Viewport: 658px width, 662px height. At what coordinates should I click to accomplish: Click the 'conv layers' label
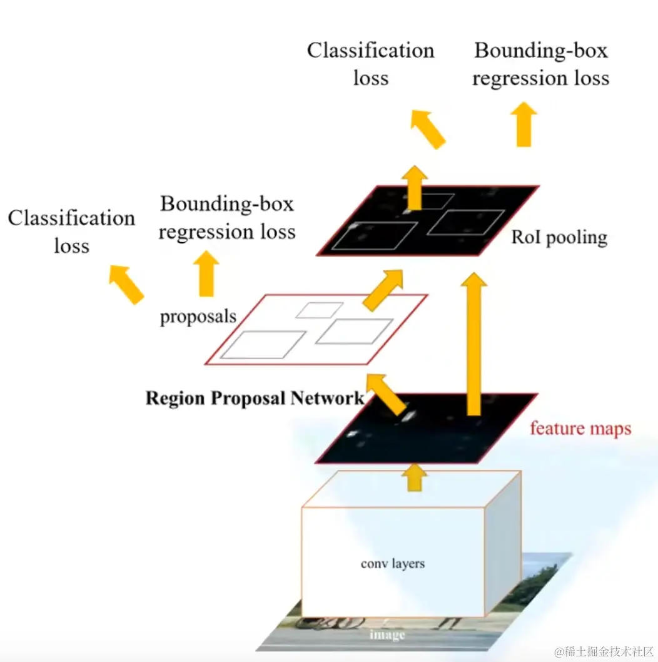click(392, 564)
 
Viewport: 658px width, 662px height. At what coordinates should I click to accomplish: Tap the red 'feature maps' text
click(580, 429)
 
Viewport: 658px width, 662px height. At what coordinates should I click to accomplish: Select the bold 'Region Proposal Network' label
click(255, 399)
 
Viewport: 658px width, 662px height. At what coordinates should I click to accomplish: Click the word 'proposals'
click(198, 317)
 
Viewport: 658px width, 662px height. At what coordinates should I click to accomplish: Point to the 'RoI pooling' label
click(559, 238)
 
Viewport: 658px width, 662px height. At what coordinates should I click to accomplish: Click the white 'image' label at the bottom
click(387, 635)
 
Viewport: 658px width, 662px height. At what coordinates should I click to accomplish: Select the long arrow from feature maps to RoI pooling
click(474, 344)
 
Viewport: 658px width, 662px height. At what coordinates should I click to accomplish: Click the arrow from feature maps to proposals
click(387, 394)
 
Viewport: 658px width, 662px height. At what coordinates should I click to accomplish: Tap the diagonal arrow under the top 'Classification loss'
click(427, 129)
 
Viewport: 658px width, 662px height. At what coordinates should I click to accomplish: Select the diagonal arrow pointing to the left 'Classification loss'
click(126, 283)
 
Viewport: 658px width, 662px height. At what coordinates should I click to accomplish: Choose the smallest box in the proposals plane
click(319, 310)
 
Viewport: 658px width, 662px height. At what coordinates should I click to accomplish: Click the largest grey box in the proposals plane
click(263, 345)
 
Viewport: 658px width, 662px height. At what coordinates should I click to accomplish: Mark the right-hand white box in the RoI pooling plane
click(465, 223)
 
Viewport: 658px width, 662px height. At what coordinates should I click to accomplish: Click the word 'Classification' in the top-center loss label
click(370, 51)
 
